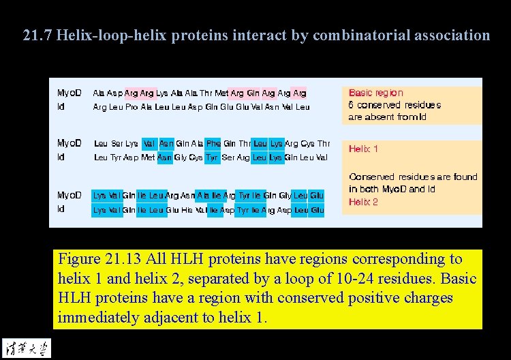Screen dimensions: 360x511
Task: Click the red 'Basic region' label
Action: pyautogui.click(x=375, y=93)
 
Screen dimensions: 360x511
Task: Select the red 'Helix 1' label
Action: pyautogui.click(x=363, y=149)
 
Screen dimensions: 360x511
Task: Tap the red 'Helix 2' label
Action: pyautogui.click(x=363, y=202)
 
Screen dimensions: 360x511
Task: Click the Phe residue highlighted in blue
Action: pyautogui.click(x=213, y=144)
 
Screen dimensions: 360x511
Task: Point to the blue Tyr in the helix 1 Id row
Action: pyautogui.click(x=212, y=157)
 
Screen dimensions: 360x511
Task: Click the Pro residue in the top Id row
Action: pyautogui.click(x=133, y=107)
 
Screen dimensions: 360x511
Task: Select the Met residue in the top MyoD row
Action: pyautogui.click(x=221, y=93)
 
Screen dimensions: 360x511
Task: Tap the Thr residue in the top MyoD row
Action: pyautogui.click(x=206, y=93)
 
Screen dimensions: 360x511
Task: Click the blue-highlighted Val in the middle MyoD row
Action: pyautogui.click(x=149, y=144)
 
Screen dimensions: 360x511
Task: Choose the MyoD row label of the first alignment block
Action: pyautogui.click(x=69, y=93)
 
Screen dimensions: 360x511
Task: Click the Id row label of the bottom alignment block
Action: pyautogui.click(x=61, y=209)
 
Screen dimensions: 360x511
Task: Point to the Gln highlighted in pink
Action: pyautogui.click(x=253, y=93)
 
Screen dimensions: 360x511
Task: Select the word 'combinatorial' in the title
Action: pyautogui.click(x=356, y=35)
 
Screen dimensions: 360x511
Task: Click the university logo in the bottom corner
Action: pyautogui.click(x=26, y=347)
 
